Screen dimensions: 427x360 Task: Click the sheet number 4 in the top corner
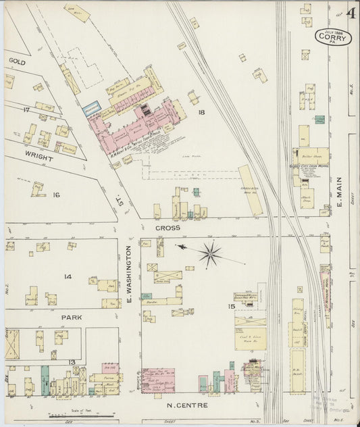click(x=351, y=12)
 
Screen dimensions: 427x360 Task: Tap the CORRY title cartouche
click(x=334, y=36)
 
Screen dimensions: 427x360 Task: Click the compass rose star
click(x=211, y=254)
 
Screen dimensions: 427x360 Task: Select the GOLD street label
click(x=17, y=61)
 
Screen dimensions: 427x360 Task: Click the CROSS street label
click(x=168, y=228)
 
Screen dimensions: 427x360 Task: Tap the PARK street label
click(x=72, y=316)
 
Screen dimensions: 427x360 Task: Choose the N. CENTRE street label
click(x=188, y=405)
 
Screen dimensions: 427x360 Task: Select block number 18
click(x=201, y=112)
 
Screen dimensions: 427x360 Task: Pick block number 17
click(x=26, y=109)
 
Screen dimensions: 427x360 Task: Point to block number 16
click(x=57, y=195)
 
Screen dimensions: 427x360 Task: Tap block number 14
click(x=68, y=276)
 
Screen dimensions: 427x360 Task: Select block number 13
click(x=72, y=362)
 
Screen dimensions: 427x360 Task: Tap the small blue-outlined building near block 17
click(x=91, y=107)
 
